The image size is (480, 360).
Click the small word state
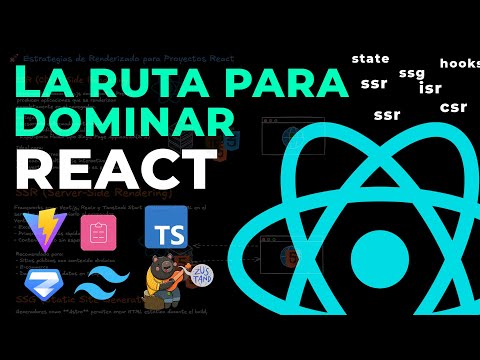[370, 59]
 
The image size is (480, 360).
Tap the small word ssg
[411, 73]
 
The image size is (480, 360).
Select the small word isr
[431, 88]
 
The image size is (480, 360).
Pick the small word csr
[453, 107]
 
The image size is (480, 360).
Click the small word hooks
[459, 63]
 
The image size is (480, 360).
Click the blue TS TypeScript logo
[166, 229]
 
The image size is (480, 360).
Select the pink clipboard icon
[98, 233]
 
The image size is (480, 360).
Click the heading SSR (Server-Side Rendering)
[80, 191]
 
